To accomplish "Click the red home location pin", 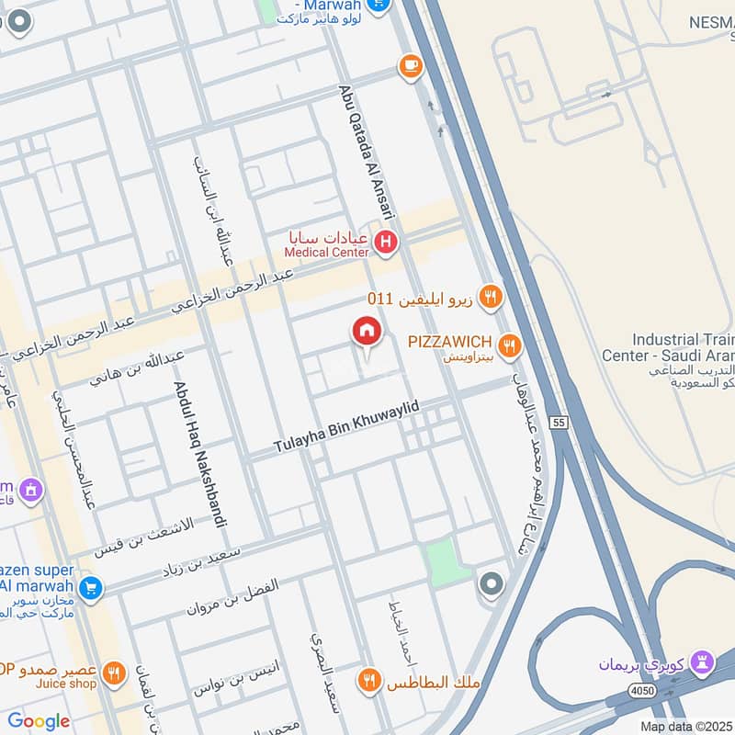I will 367,333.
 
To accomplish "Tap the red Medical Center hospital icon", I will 387,243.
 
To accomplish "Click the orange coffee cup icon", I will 410,66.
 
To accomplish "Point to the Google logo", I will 39,721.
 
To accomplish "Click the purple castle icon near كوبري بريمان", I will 703,662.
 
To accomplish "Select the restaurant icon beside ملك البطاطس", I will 369,681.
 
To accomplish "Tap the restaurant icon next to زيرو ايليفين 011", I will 491,297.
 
